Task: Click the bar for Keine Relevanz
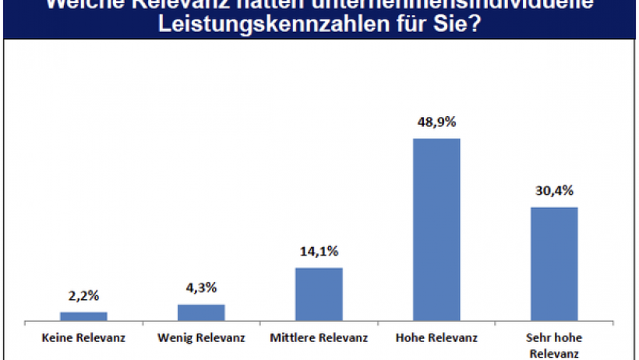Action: tap(83, 316)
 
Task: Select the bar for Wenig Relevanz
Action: tap(201, 312)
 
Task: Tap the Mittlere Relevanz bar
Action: tap(319, 294)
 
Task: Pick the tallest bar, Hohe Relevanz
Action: tap(436, 229)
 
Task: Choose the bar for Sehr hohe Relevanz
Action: tap(554, 263)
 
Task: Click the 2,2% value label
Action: tap(83, 297)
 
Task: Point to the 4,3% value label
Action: tap(201, 289)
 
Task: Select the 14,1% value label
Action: tap(319, 252)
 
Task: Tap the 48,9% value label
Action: tap(436, 122)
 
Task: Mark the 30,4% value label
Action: tap(554, 191)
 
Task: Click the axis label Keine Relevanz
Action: tap(83, 338)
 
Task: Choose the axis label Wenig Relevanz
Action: tap(201, 338)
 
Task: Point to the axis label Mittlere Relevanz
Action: tap(319, 338)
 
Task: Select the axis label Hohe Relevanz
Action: tap(436, 338)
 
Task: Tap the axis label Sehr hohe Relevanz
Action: tap(554, 345)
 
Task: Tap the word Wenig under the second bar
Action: tap(175, 338)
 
